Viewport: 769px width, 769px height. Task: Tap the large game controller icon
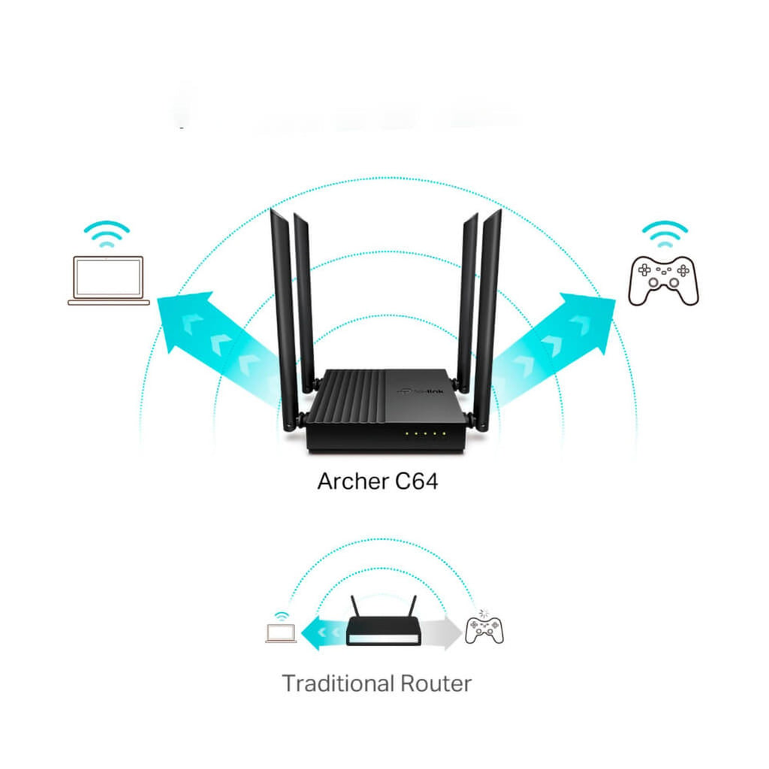tap(664, 282)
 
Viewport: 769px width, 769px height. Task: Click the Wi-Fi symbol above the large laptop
tap(107, 234)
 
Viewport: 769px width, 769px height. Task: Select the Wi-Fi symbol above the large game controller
tap(665, 234)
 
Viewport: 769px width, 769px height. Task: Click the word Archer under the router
tap(353, 481)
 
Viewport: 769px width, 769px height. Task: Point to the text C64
tap(416, 481)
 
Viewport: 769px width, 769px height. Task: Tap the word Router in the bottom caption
tap(436, 683)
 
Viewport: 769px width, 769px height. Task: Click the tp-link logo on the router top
tap(420, 391)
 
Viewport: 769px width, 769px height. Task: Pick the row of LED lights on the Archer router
tap(425, 433)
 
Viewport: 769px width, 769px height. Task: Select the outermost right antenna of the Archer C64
tap(488, 318)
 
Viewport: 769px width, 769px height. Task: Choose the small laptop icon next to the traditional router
tap(281, 632)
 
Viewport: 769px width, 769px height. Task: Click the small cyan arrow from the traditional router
tap(324, 633)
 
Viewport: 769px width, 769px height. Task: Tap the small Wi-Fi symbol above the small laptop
tap(281, 616)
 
